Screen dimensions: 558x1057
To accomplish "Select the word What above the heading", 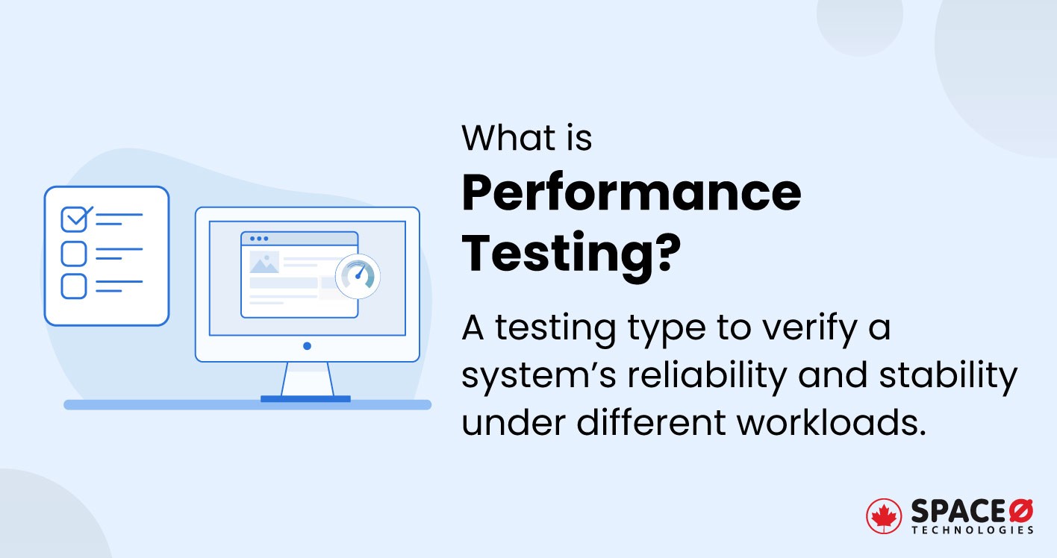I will click(x=509, y=139).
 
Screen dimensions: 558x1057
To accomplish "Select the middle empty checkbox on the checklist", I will click(x=73, y=254).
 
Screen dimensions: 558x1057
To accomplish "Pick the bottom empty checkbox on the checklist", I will click(x=73, y=286).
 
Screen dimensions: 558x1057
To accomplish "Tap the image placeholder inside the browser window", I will click(x=264, y=263).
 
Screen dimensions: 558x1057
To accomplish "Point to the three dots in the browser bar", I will click(x=258, y=239).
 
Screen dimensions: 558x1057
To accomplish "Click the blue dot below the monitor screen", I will click(x=307, y=346).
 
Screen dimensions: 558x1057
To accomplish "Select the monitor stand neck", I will click(x=307, y=379).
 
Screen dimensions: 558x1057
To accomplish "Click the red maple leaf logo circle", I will click(x=884, y=516).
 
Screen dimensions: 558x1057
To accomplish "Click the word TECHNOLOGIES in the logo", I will click(x=972, y=530).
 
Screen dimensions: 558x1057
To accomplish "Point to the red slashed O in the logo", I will click(x=1021, y=511).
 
